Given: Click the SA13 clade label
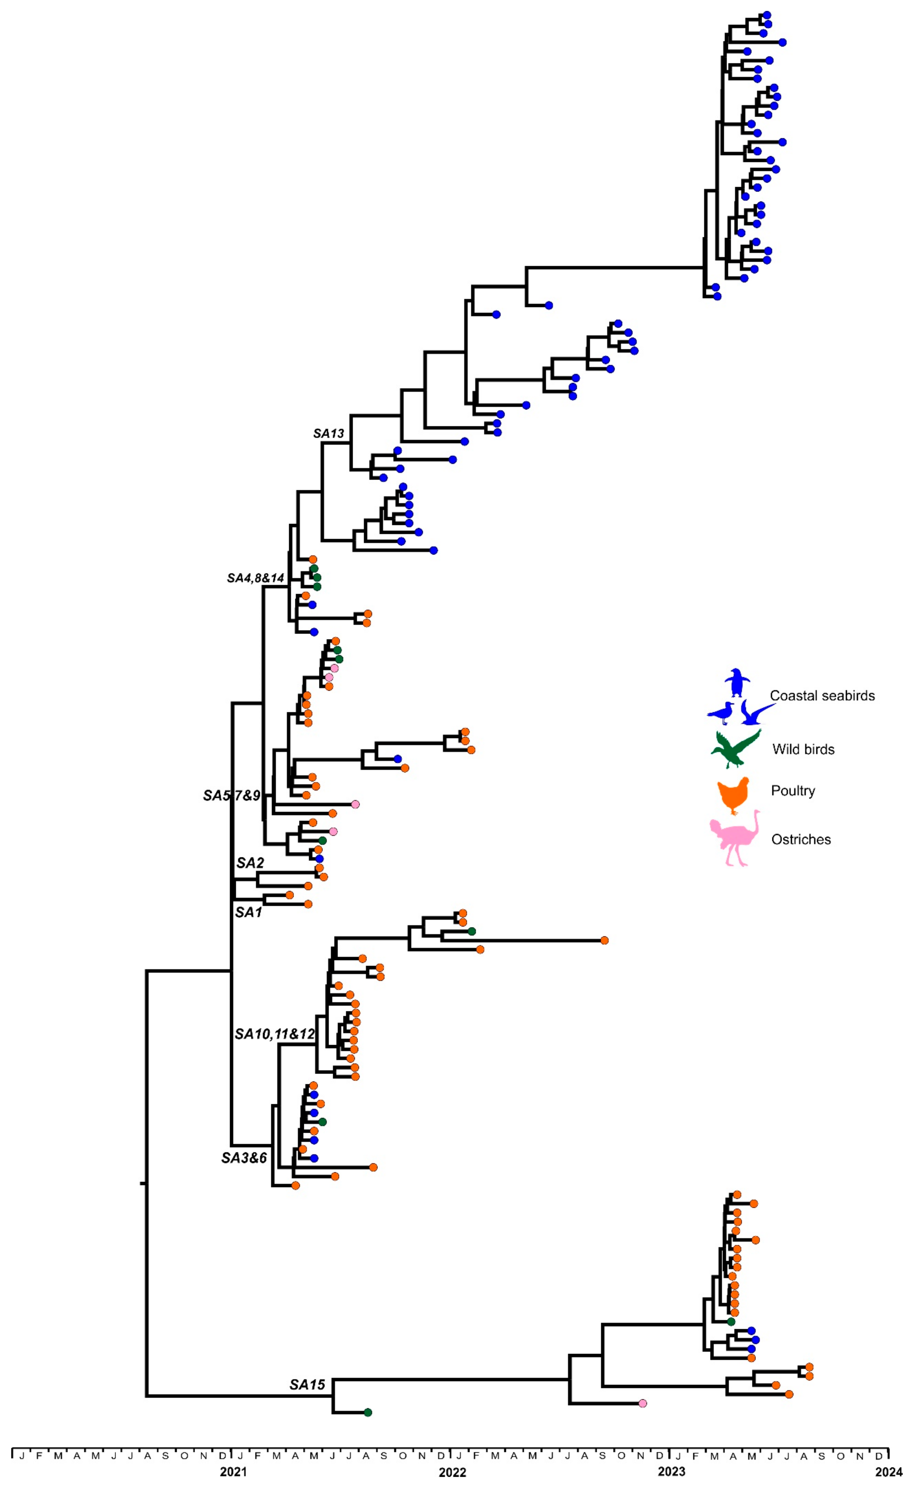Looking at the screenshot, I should (x=328, y=433).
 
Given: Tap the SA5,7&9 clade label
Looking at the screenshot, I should (x=232, y=795).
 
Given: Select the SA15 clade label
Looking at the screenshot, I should (x=307, y=1384).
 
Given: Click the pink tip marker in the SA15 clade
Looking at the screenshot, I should (x=643, y=1403).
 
